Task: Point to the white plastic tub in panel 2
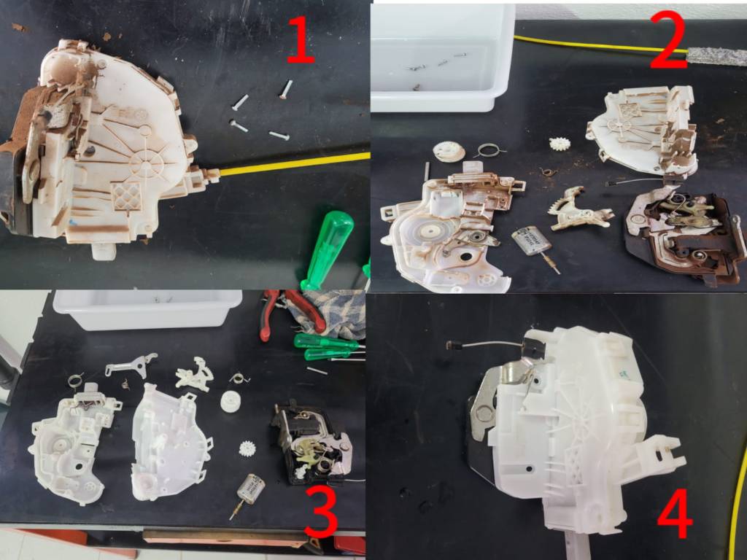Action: click(x=443, y=57)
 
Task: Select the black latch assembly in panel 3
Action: click(x=312, y=443)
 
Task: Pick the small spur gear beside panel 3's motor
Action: click(x=247, y=449)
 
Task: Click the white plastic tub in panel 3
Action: click(x=147, y=309)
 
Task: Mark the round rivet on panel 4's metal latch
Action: click(x=484, y=414)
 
